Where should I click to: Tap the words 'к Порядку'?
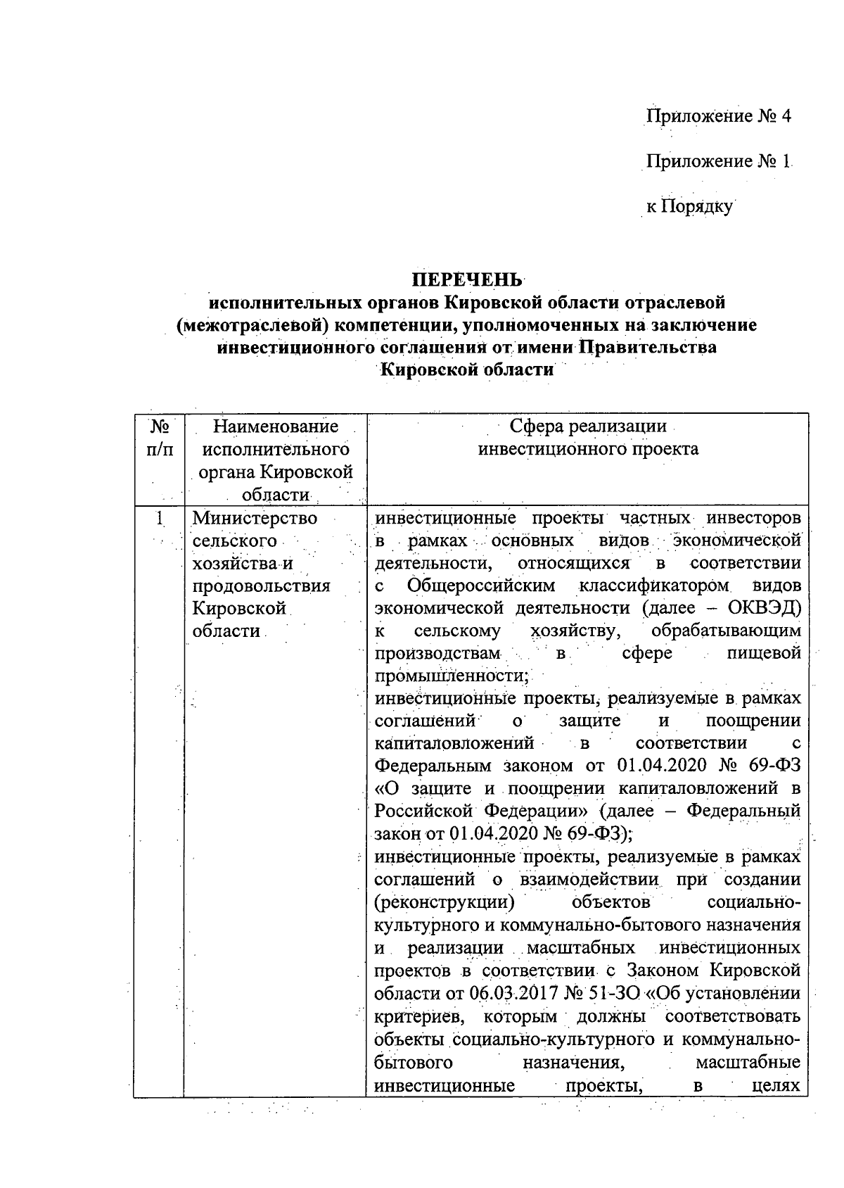(689, 206)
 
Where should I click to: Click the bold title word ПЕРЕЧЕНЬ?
(467, 279)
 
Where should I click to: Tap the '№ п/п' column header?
(159, 438)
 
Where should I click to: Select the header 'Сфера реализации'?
(588, 426)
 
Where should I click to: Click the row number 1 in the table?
(160, 519)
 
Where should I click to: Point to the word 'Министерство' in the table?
(255, 519)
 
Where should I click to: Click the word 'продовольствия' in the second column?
(261, 586)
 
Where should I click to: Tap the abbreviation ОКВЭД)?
(762, 608)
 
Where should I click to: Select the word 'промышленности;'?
(451, 676)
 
